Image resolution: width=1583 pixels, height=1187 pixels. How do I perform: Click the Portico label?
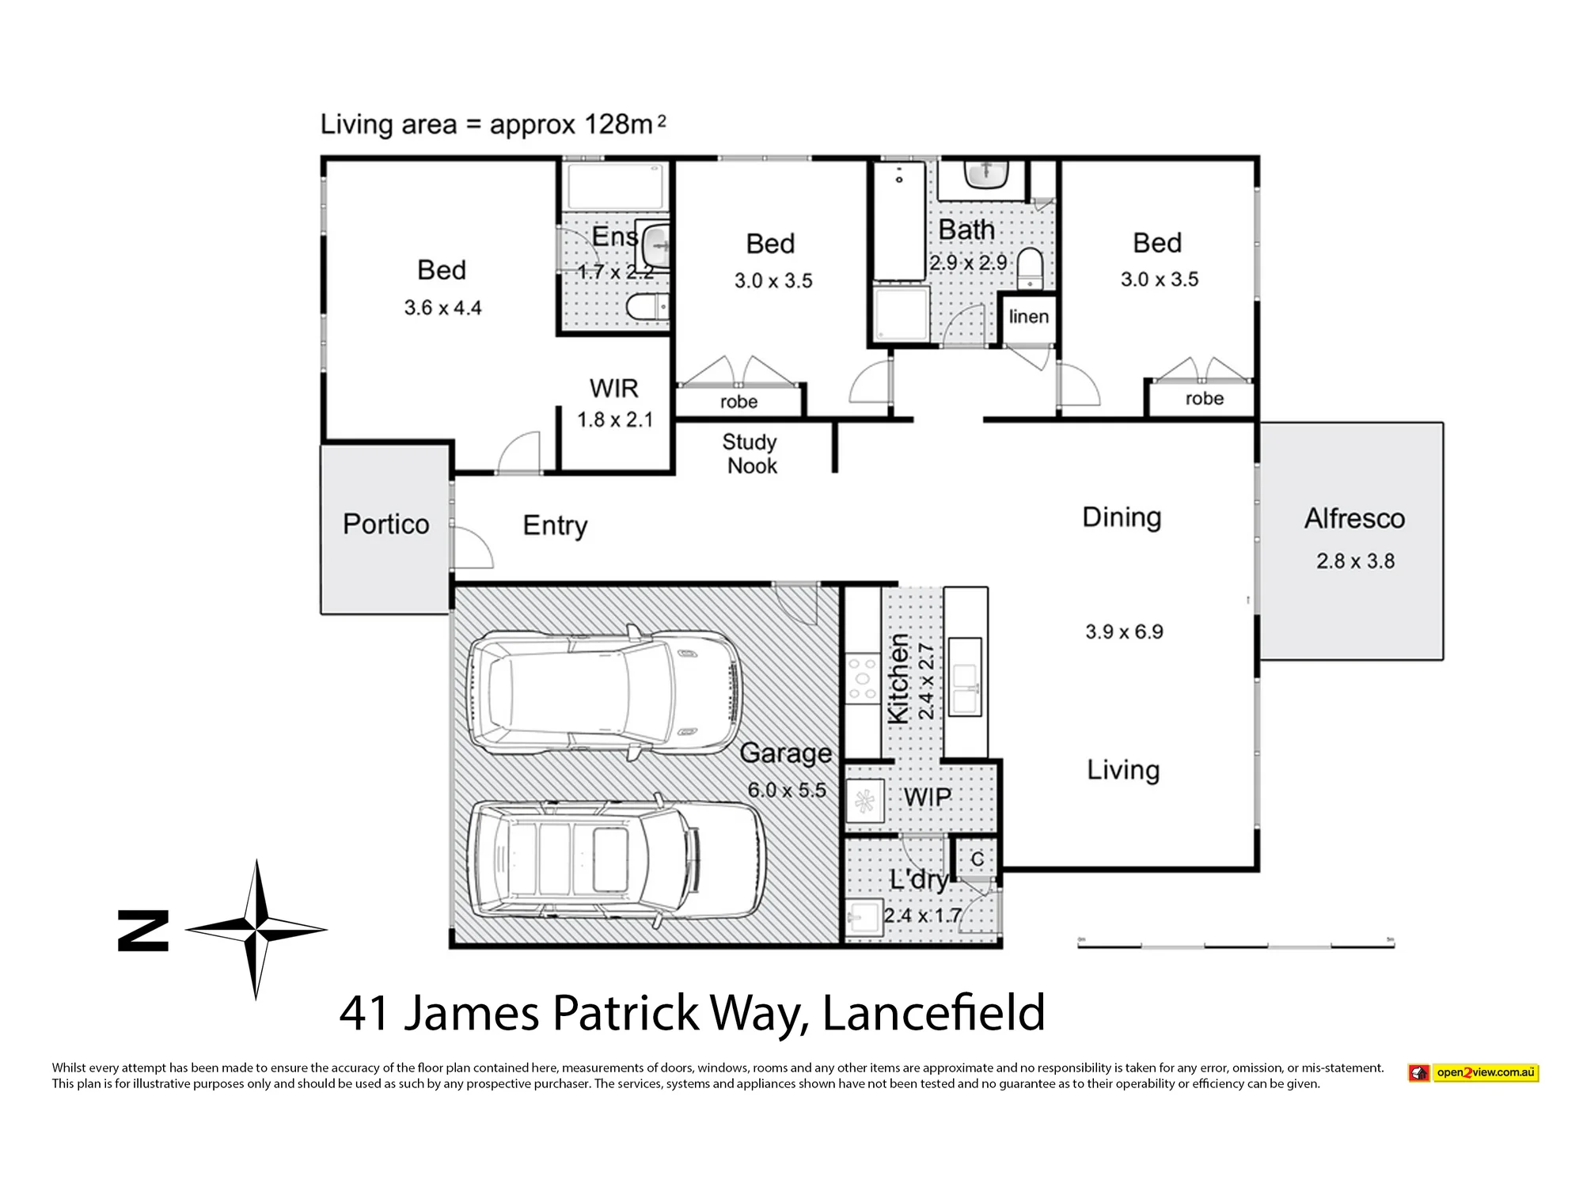click(x=386, y=524)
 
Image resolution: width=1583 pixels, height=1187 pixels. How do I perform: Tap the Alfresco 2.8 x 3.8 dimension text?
click(x=1355, y=561)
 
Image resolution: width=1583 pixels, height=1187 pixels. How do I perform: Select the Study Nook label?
click(x=750, y=454)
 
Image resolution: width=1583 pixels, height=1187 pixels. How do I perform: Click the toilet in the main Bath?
click(x=1031, y=268)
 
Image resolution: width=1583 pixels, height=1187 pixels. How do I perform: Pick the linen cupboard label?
click(x=1029, y=317)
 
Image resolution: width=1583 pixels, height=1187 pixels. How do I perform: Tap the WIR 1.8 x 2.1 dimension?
click(x=615, y=419)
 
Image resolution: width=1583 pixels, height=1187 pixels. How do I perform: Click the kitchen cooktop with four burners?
click(x=863, y=678)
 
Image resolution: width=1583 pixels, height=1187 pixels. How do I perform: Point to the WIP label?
click(x=928, y=797)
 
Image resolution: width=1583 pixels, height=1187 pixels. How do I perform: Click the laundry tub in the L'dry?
click(x=864, y=919)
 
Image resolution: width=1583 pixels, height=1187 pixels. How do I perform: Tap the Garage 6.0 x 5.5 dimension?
click(x=787, y=790)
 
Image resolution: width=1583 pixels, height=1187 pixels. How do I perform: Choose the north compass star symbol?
click(x=256, y=930)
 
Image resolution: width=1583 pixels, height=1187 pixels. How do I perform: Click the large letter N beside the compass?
click(x=142, y=930)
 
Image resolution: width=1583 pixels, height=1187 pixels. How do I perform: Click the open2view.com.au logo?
click(x=1474, y=1073)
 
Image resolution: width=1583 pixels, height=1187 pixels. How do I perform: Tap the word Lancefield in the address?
click(x=934, y=1013)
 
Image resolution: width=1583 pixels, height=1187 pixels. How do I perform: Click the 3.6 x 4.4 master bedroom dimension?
click(x=442, y=307)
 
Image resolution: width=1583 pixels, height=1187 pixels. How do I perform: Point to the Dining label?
click(x=1122, y=518)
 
